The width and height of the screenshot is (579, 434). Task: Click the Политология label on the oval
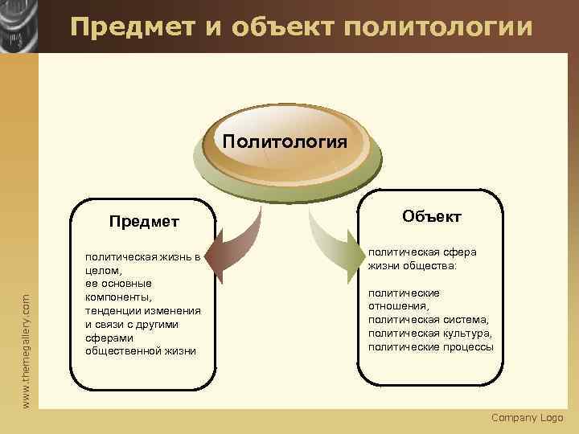point(285,142)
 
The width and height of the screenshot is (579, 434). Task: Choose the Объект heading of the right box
point(431,216)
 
